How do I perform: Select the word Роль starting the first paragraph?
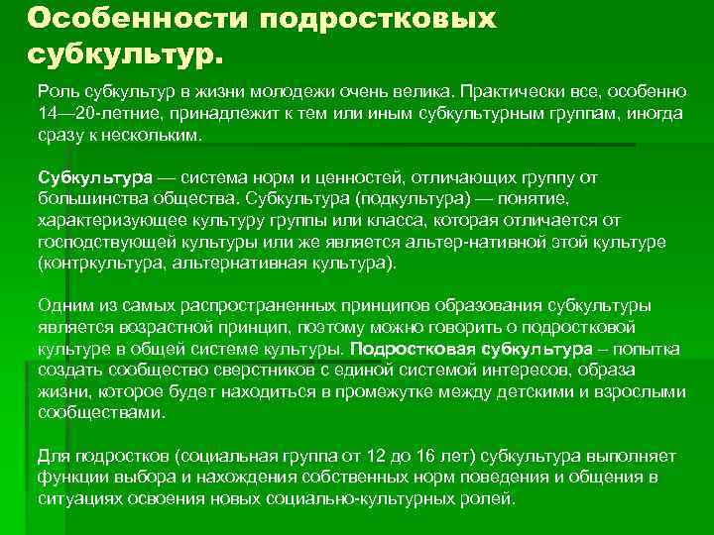(x=57, y=91)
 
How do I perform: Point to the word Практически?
(x=506, y=91)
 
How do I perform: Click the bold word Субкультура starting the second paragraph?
(x=95, y=177)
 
